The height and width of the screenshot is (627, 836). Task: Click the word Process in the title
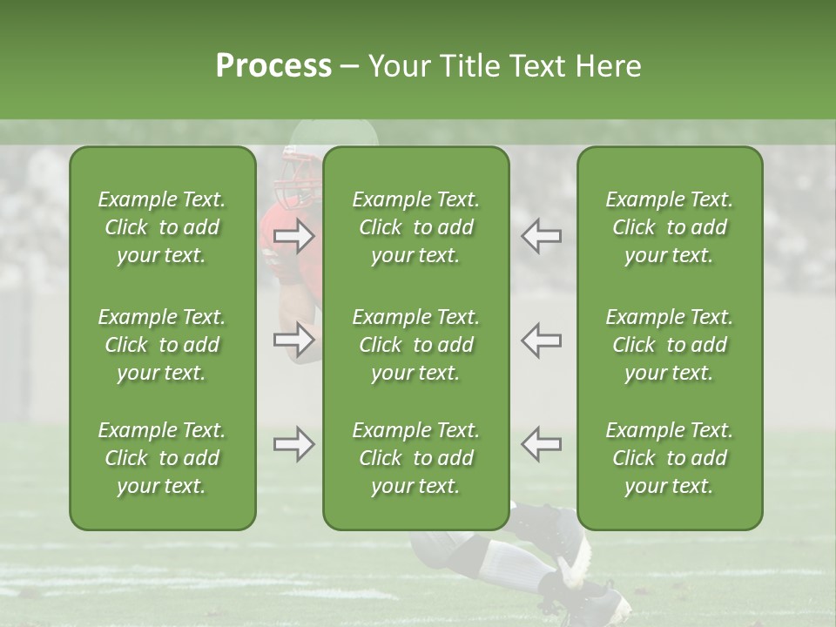pos(273,66)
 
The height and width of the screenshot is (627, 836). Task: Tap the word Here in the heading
pos(606,66)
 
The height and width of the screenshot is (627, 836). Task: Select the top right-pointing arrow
pos(294,235)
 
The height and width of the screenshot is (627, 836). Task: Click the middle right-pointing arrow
pos(294,340)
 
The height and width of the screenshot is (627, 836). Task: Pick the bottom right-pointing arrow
pos(294,444)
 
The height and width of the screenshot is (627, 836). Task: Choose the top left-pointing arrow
pos(542,235)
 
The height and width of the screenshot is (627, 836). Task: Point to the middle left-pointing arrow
pos(542,340)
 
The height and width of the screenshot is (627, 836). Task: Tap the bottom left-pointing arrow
pos(542,444)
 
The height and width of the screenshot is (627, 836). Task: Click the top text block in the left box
pos(162,227)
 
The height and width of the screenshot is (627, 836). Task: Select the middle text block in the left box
pos(162,345)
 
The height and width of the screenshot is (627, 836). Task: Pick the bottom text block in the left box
pos(162,458)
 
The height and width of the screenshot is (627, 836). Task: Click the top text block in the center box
pos(416,227)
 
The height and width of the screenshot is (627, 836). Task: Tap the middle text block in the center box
pos(416,345)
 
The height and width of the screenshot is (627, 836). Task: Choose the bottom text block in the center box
pos(416,458)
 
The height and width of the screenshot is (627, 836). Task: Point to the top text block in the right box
pos(670,227)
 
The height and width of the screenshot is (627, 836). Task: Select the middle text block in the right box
pos(670,345)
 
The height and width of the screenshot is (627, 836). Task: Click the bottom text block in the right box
pos(670,458)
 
